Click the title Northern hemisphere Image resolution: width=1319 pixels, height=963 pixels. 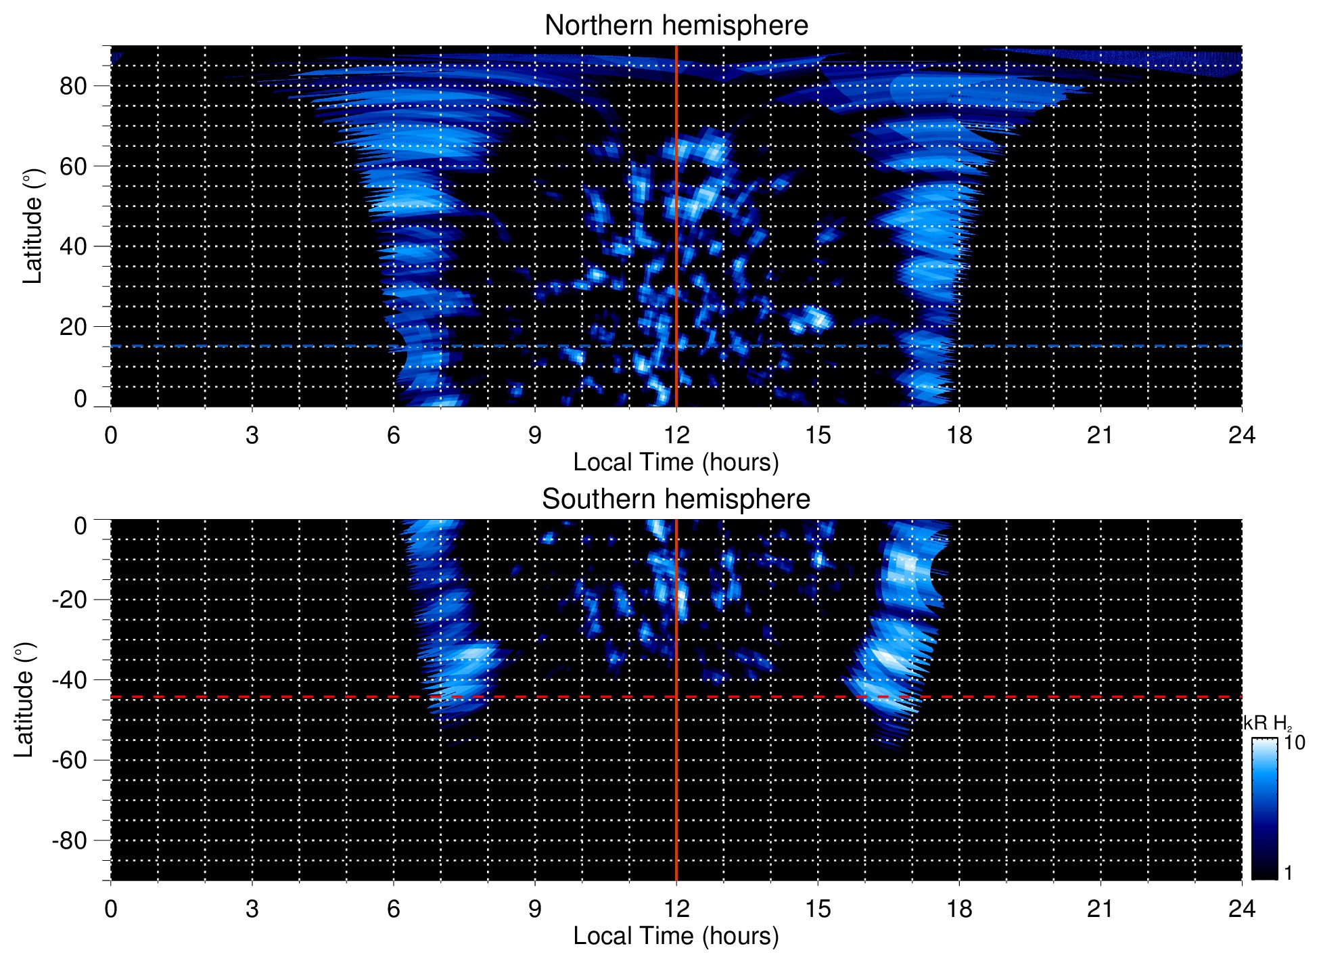click(x=676, y=26)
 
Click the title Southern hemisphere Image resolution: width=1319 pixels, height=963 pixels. click(x=676, y=499)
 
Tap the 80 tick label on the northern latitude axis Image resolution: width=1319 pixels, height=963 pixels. click(x=73, y=86)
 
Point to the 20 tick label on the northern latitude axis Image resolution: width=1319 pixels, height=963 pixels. click(x=73, y=327)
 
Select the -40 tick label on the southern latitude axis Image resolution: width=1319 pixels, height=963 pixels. click(x=70, y=679)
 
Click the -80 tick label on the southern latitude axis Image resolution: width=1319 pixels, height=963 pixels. click(x=70, y=841)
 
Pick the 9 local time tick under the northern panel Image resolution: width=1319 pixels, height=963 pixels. click(x=535, y=435)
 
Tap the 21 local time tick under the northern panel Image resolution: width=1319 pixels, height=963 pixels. click(x=1100, y=435)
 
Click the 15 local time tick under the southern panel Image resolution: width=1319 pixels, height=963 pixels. click(x=818, y=909)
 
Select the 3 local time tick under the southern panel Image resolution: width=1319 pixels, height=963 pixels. click(x=252, y=909)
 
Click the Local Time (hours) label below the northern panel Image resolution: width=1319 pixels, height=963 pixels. click(x=676, y=463)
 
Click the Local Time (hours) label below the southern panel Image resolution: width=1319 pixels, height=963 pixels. click(x=676, y=937)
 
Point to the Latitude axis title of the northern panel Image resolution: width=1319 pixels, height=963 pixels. click(x=32, y=227)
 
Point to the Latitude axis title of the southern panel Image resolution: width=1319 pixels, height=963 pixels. click(x=24, y=700)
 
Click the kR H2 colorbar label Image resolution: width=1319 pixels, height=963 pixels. click(x=1266, y=723)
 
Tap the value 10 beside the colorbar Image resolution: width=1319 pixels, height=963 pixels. click(x=1294, y=743)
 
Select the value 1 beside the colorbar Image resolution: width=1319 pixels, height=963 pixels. click(x=1288, y=873)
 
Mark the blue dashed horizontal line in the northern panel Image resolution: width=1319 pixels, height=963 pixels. click(x=271, y=346)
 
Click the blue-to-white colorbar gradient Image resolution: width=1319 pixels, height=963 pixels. click(x=1264, y=809)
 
